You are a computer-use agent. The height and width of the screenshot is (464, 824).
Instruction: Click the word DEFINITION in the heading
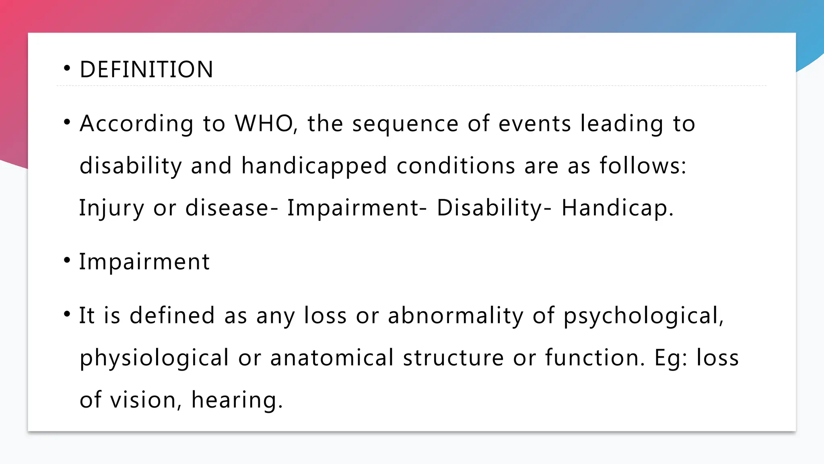coord(146,69)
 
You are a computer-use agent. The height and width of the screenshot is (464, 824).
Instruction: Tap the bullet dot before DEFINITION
coord(67,68)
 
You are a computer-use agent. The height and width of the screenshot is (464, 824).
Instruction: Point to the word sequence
coord(405,124)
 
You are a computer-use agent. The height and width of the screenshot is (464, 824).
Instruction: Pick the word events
coord(535,123)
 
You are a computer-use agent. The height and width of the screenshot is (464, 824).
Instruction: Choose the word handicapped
coord(314,166)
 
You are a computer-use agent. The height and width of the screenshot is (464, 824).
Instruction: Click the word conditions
coord(456,166)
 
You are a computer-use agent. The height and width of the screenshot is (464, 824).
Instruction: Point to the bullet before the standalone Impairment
coord(67,260)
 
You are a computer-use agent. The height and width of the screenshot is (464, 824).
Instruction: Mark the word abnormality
coord(455,315)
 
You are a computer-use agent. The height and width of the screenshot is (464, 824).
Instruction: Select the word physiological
coord(154,358)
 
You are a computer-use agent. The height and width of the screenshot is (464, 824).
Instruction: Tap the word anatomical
coord(332,358)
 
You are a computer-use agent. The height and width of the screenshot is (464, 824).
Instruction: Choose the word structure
coord(453,358)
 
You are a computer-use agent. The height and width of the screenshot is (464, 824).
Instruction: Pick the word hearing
coord(234,400)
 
